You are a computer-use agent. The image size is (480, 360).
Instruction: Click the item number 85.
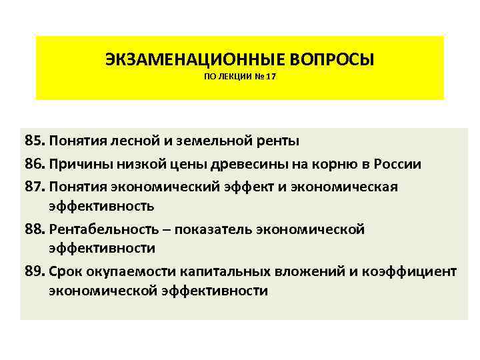tap(34, 141)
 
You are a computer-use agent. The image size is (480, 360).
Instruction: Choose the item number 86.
tap(34, 164)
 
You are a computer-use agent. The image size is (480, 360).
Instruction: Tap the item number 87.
tap(34, 187)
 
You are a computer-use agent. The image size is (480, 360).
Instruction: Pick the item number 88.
tap(34, 229)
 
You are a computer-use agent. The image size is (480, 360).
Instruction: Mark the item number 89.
tap(34, 272)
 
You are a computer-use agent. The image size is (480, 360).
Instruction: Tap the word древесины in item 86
tap(251, 164)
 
